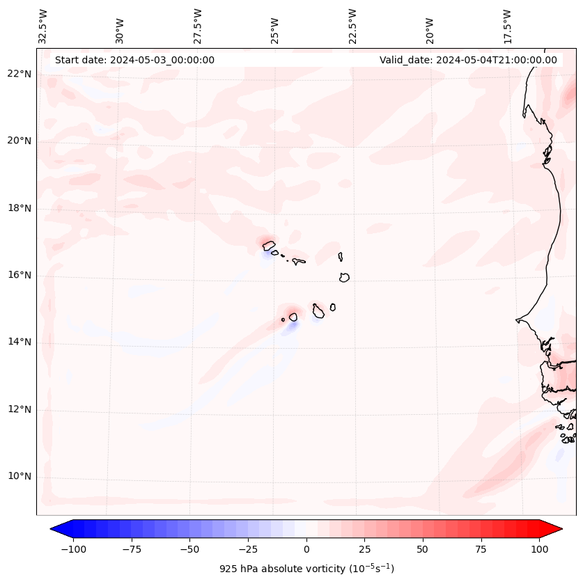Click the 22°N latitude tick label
coord(20,74)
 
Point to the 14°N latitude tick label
coord(20,342)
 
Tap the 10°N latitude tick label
coord(20,477)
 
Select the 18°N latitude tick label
coord(20,208)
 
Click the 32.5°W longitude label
coord(43,26)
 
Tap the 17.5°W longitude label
coord(508,26)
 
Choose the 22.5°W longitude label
coord(352,26)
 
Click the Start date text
coord(134,60)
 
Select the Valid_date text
coord(468,60)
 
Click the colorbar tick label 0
coord(306,549)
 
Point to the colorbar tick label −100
coord(73,549)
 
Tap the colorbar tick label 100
coord(539,549)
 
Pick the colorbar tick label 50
coord(423,549)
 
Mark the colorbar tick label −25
coord(247,549)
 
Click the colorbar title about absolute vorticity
coord(306,569)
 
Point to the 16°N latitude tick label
coord(20,276)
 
